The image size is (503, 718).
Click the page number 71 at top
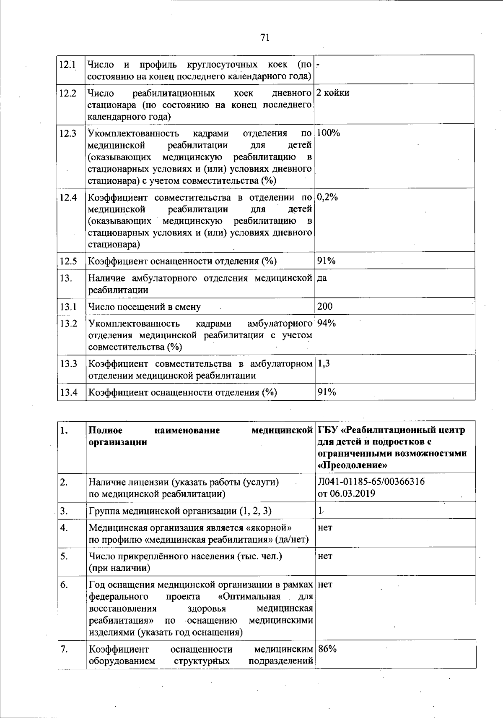264,38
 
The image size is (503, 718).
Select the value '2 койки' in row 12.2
333,93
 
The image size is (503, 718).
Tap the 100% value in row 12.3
328,133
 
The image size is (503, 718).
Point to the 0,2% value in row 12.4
327,197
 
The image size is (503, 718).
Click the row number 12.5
68,261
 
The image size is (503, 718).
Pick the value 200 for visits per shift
325,306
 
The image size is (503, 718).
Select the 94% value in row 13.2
327,323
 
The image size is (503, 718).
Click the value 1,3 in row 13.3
324,363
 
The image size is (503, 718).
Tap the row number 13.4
69,392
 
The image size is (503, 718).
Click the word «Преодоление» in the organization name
353,465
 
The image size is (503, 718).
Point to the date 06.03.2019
352,493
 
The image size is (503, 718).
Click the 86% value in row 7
327,649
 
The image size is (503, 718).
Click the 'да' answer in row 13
322,278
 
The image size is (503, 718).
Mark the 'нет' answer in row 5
325,556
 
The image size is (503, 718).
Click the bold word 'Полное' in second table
106,430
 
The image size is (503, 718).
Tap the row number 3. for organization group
64,511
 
